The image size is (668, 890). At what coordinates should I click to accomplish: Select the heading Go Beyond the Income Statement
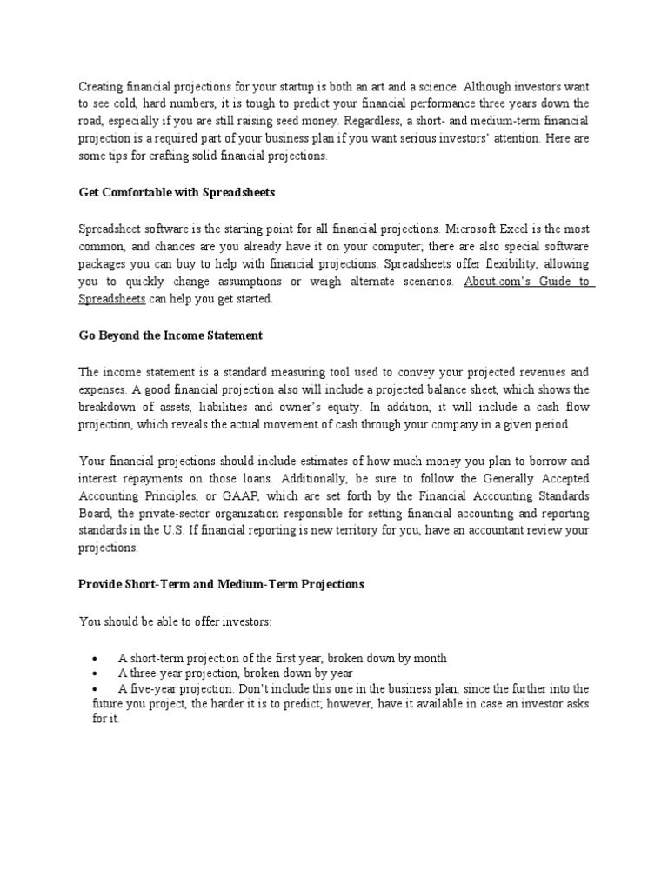[170, 335]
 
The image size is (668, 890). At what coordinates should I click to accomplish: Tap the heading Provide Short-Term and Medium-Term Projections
[221, 584]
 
